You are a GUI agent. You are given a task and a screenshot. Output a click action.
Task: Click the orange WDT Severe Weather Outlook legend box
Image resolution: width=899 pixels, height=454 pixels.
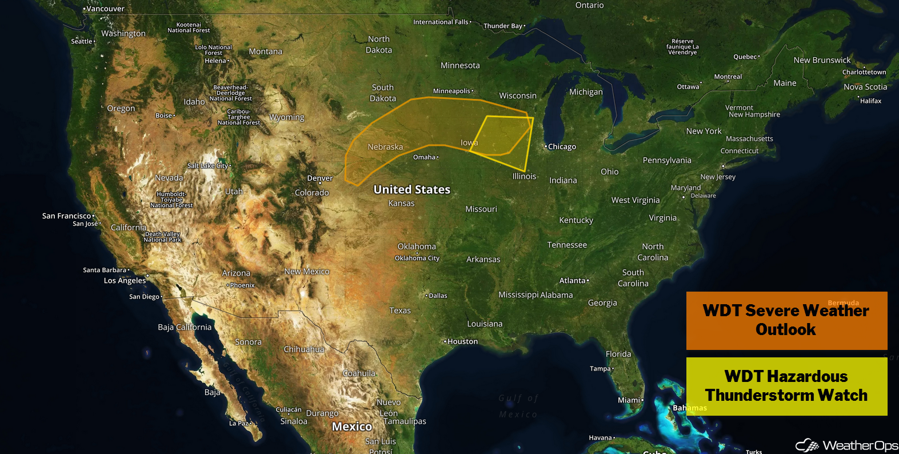[x=786, y=320]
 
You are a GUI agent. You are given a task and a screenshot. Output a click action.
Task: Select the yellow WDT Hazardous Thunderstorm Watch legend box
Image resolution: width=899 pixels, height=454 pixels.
[x=786, y=386]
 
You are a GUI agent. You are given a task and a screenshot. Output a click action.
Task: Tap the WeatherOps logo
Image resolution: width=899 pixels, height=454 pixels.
[x=846, y=445]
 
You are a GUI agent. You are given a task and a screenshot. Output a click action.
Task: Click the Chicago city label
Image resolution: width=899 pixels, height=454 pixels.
[x=562, y=147]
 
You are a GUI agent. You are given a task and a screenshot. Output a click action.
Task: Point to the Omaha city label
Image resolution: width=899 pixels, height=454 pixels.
[x=425, y=157]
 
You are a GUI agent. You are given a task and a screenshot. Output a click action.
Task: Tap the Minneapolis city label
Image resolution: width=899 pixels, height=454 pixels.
[x=452, y=91]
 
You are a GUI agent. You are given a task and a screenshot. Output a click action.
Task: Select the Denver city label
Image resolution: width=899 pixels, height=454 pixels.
[x=320, y=178]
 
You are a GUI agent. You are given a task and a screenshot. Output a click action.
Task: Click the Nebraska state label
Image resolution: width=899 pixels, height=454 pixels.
[x=385, y=147]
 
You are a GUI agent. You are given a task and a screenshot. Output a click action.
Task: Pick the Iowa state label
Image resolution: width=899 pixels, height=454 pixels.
[x=469, y=142]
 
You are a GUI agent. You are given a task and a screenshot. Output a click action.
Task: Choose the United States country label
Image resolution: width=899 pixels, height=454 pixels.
[x=411, y=189]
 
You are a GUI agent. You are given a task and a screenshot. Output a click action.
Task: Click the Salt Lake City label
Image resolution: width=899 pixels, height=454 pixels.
[x=208, y=166]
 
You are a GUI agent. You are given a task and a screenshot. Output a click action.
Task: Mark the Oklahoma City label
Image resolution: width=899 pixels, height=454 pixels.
[x=417, y=258]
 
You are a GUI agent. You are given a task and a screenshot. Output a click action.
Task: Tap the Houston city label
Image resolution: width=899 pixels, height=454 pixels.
[x=462, y=341]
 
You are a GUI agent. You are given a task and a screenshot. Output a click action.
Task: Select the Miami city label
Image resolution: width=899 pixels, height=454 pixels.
[x=629, y=400]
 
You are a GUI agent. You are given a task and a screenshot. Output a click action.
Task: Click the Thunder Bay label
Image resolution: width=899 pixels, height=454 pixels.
[x=503, y=26]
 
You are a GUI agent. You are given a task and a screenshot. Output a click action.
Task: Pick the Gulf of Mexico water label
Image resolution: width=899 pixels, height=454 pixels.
[x=518, y=406]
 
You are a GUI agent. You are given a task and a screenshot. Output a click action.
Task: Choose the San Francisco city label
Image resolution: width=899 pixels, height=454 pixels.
[x=67, y=216]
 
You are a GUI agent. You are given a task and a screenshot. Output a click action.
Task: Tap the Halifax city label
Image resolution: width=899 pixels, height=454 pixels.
[x=871, y=101]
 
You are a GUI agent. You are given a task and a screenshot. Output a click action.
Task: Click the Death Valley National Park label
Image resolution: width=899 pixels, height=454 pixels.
[x=162, y=237]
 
